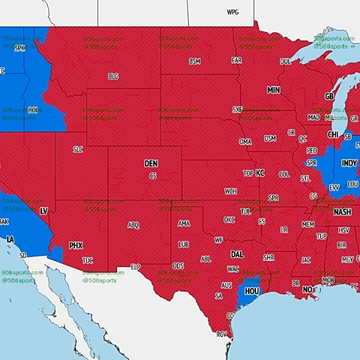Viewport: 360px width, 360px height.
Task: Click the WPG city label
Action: (x=232, y=12)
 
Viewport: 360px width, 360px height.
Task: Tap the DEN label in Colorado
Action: (x=151, y=163)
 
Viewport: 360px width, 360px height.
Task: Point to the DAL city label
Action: (x=237, y=254)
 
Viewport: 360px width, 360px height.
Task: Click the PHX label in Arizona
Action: (x=76, y=245)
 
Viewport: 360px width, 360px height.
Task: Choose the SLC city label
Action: (x=78, y=149)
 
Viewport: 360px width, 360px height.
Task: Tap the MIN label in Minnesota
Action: (x=274, y=90)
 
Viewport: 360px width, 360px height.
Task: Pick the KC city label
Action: (x=260, y=173)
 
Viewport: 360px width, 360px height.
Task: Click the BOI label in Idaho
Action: (x=32, y=110)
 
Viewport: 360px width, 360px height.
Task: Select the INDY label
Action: (x=349, y=163)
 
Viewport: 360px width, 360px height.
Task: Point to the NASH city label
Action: (x=343, y=212)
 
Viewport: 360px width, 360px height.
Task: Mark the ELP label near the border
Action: (x=136, y=266)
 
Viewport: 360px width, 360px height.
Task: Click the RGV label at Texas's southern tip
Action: (x=222, y=334)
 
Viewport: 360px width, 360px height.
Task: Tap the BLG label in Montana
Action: (x=113, y=76)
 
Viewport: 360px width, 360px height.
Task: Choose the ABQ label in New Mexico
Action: (x=133, y=225)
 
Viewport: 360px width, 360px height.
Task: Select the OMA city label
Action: (x=245, y=142)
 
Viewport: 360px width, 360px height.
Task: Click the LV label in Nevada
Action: (x=43, y=211)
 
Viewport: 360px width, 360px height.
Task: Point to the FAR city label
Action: (x=236, y=61)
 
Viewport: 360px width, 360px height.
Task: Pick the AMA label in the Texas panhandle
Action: (x=184, y=223)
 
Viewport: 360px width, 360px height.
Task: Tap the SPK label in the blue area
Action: (x=20, y=48)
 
